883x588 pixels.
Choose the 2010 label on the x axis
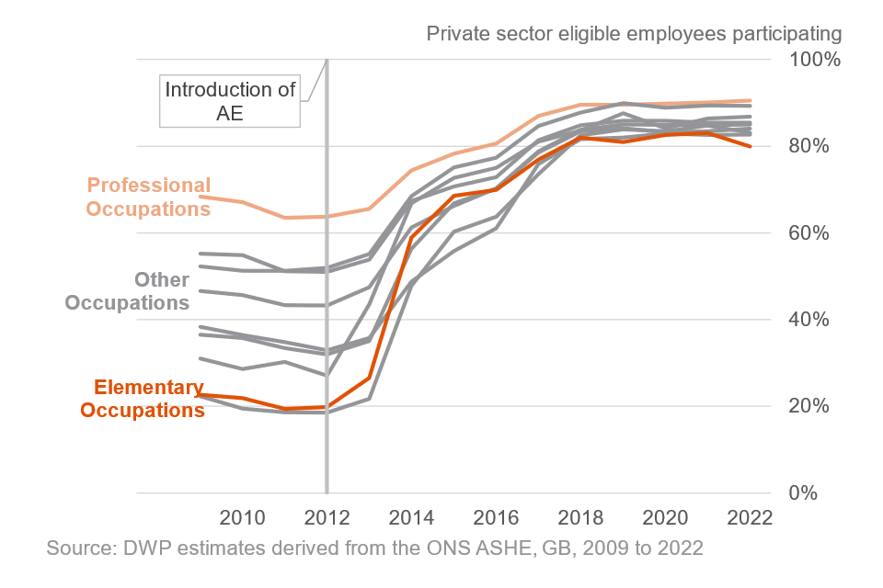[243, 515]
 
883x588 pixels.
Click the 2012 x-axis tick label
[327, 515]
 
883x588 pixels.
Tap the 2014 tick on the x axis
[411, 515]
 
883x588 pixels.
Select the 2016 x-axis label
[497, 515]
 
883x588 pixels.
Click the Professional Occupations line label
[148, 197]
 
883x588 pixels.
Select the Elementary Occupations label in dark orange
[143, 399]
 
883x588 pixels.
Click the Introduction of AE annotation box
[230, 102]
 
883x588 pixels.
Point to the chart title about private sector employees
[634, 35]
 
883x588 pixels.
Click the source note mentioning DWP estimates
[374, 549]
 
